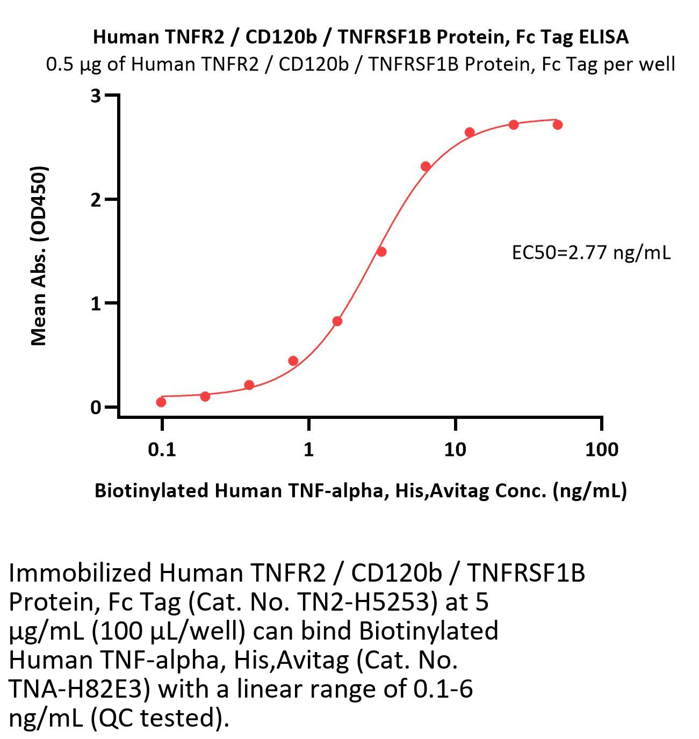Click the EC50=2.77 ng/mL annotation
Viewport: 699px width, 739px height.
(x=591, y=252)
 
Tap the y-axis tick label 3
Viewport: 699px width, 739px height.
(x=96, y=96)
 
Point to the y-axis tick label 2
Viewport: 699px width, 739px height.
(x=96, y=200)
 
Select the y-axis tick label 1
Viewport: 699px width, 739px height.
(x=96, y=303)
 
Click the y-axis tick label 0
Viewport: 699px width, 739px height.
(x=96, y=407)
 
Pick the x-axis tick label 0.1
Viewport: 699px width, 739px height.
(x=162, y=449)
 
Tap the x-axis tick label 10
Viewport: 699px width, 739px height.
(x=455, y=449)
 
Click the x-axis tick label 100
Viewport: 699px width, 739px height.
(x=601, y=449)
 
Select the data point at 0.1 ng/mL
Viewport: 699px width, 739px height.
(x=161, y=402)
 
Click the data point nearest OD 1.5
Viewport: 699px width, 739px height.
(x=381, y=251)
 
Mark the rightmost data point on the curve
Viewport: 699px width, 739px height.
(x=558, y=125)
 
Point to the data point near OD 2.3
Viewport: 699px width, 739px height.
(x=426, y=166)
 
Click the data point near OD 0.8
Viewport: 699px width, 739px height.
(x=337, y=321)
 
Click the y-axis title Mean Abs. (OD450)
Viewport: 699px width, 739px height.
(x=39, y=256)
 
